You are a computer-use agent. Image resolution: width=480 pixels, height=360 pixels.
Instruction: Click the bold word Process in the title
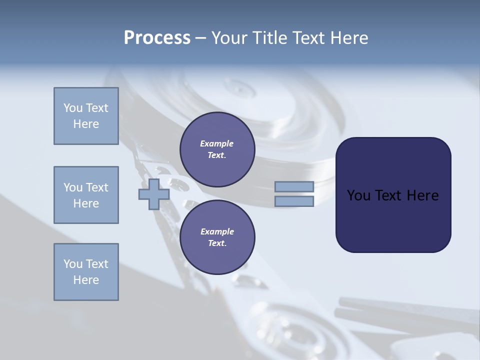157,38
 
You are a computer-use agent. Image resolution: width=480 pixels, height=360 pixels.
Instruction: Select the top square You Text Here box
86,116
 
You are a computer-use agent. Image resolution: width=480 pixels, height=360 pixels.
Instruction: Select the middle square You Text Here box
86,195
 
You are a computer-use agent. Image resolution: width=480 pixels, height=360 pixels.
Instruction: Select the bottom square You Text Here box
86,272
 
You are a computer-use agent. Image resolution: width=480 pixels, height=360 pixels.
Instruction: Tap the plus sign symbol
154,194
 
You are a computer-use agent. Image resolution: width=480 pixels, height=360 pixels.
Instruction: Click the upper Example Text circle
217,149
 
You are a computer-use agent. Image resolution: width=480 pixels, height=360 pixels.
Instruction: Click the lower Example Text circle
217,237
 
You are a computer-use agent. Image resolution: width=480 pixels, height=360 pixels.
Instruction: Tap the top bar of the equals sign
294,186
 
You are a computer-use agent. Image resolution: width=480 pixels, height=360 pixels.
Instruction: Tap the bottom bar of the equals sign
294,201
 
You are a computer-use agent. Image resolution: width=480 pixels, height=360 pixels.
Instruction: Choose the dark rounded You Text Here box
393,195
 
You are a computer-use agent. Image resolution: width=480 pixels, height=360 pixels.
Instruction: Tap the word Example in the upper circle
217,144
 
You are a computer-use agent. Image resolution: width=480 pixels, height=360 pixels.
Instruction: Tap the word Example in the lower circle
217,232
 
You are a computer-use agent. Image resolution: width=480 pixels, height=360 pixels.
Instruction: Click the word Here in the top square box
86,124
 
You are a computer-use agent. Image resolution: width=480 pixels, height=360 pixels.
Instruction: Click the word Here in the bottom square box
86,280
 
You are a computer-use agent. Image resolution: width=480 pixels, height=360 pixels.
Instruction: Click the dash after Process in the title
200,38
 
